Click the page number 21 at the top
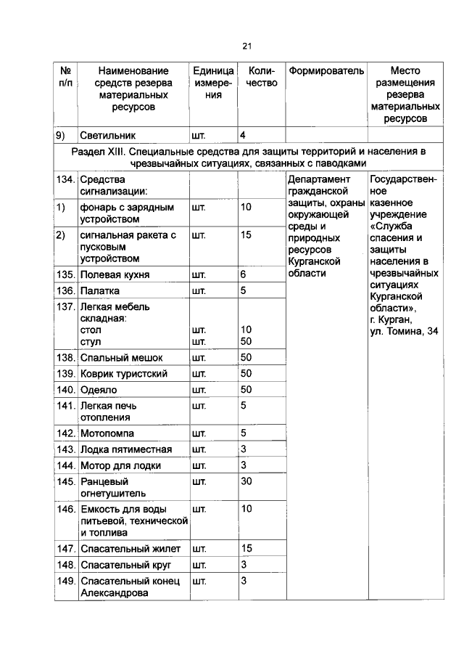(246, 46)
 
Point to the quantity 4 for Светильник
(243, 135)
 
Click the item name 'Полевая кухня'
(115, 275)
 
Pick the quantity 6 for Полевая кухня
(244, 275)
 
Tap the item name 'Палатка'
(103, 291)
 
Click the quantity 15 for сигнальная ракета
(246, 234)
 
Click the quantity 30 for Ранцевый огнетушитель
(246, 481)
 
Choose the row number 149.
(66, 581)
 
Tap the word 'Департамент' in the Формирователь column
(319, 179)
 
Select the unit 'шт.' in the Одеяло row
(199, 390)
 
